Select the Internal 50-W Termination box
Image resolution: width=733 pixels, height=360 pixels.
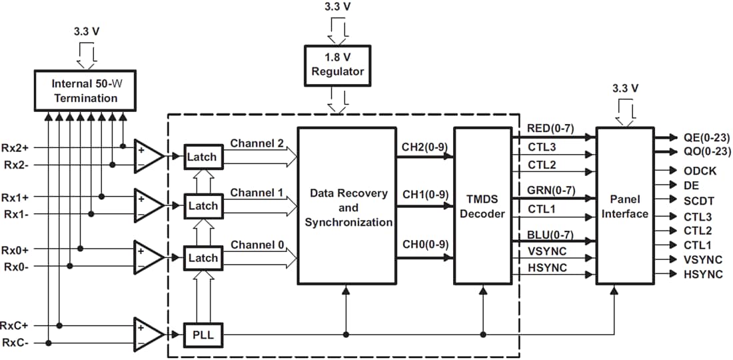tap(85, 91)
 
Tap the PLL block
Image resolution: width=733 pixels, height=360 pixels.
tap(203, 334)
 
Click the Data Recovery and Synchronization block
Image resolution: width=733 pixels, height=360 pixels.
tap(347, 207)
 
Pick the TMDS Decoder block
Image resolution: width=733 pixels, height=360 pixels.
tap(482, 207)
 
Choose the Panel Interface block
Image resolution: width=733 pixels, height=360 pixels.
tap(624, 207)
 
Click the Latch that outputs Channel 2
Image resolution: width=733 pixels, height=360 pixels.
tap(202, 156)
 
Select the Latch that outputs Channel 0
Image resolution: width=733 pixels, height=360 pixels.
tap(202, 257)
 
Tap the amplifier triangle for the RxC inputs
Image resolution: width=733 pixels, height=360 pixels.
tap(148, 334)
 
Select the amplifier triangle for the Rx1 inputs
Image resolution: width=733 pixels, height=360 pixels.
tap(148, 205)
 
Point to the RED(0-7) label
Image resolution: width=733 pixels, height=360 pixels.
tap(550, 127)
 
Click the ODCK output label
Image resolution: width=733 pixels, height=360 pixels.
tap(700, 171)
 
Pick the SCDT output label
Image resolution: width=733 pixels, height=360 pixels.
tap(699, 200)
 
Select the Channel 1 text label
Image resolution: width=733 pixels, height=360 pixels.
tap(257, 193)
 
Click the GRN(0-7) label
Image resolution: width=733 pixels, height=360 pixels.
tap(550, 189)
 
